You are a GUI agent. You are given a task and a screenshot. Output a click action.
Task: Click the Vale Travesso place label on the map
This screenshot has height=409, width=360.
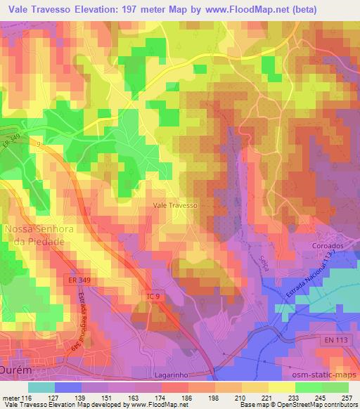(175, 205)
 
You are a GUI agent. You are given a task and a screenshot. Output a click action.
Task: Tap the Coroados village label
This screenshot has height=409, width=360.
(326, 246)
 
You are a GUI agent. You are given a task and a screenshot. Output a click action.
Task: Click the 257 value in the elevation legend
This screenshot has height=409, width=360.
(346, 397)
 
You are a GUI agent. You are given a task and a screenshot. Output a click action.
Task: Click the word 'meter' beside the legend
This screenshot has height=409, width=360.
(11, 397)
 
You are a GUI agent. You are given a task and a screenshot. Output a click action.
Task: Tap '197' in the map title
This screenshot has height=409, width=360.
(143, 10)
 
